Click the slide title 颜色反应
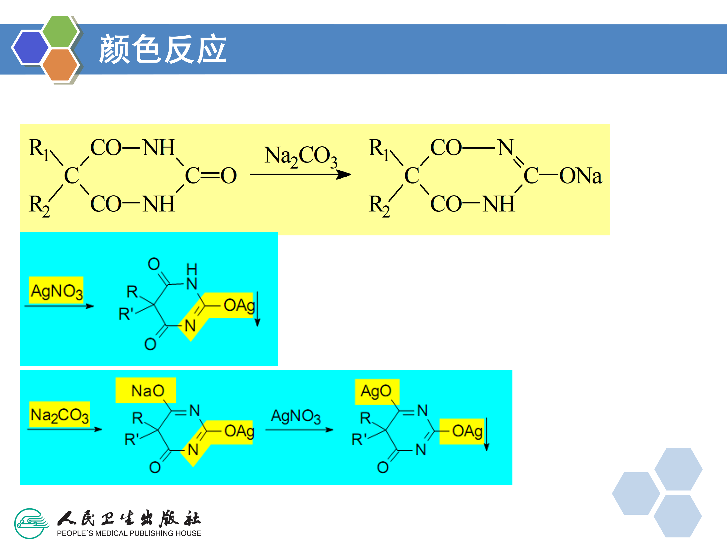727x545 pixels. coord(163,49)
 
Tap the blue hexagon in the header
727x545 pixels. coord(30,47)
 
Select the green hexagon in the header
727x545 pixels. coord(60,32)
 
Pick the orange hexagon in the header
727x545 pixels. coord(60,64)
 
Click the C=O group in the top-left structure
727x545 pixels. coord(211,176)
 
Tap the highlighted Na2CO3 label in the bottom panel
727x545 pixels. coord(60,415)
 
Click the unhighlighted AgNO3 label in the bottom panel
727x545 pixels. coord(295,416)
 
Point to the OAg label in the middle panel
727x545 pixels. coord(239,306)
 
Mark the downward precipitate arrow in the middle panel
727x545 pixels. coord(258,309)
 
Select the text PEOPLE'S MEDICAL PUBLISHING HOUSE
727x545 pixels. coord(129,533)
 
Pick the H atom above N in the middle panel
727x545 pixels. coord(192,269)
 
